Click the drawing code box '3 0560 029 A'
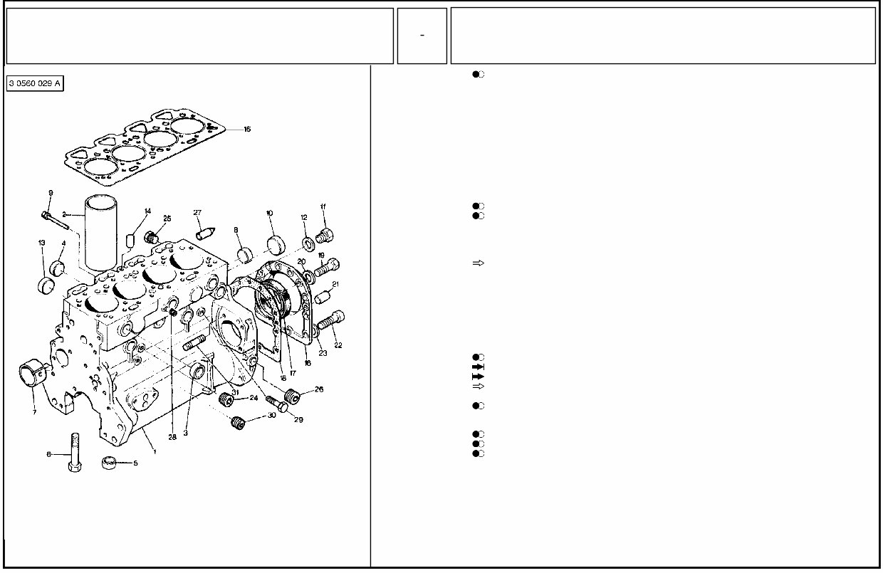35,84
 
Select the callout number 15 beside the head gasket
247,130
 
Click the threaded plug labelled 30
238,423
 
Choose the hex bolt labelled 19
328,268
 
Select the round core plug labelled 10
276,243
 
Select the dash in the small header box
422,36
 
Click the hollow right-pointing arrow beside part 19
479,263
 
